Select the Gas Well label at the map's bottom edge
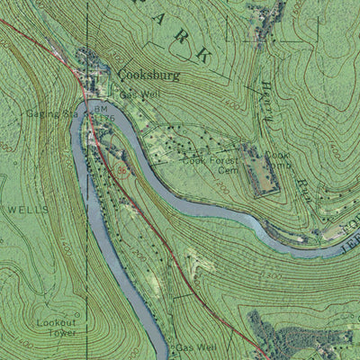point(196,346)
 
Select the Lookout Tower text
point(56,327)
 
